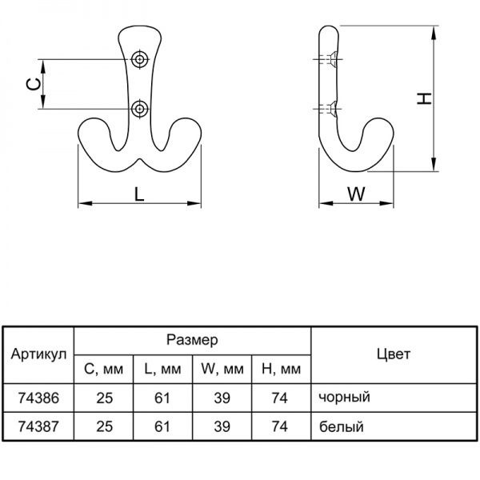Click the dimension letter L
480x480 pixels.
pos(139,193)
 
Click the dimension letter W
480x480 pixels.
pos(357,193)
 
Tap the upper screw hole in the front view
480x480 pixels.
pos(141,59)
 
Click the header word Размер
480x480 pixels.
pos(192,340)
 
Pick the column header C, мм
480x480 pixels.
pos(104,370)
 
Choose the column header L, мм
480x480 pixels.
pos(162,370)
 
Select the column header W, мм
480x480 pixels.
pos(222,370)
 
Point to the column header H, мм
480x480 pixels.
pos(281,370)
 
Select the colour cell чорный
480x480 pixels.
pos(344,397)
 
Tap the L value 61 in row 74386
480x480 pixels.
pos(162,397)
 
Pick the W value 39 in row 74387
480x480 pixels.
pos(222,426)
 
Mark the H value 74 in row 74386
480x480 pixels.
pos(280,397)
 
